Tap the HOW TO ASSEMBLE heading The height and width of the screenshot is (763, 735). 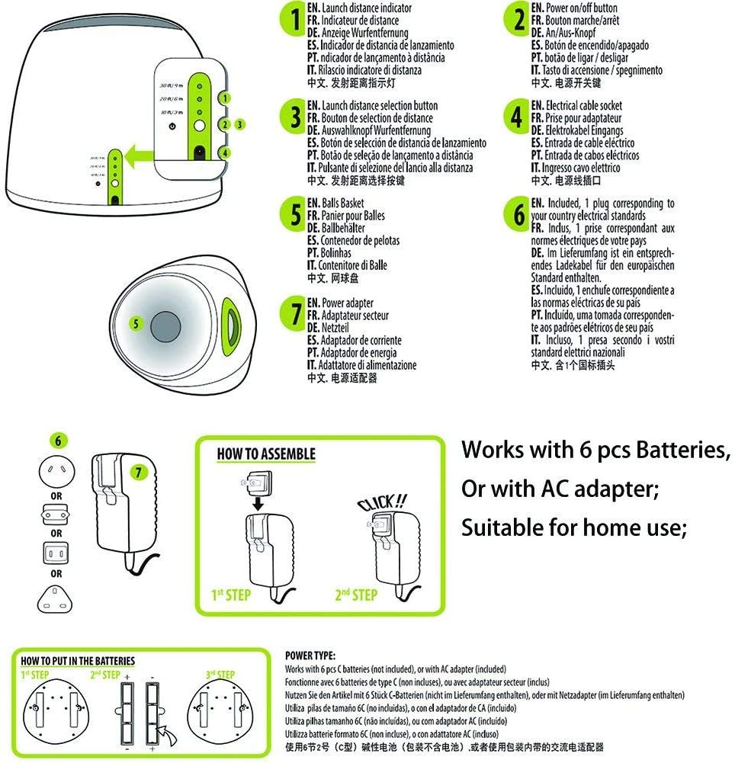(x=266, y=454)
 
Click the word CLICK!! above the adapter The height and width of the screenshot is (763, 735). (x=382, y=502)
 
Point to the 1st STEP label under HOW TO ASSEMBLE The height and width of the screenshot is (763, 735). (x=230, y=594)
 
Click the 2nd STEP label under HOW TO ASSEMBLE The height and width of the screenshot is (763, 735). (x=356, y=594)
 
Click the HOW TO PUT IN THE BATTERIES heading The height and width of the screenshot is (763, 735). (x=78, y=661)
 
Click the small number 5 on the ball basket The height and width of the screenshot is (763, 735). (x=136, y=323)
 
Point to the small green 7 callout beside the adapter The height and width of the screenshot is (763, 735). (x=137, y=471)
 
